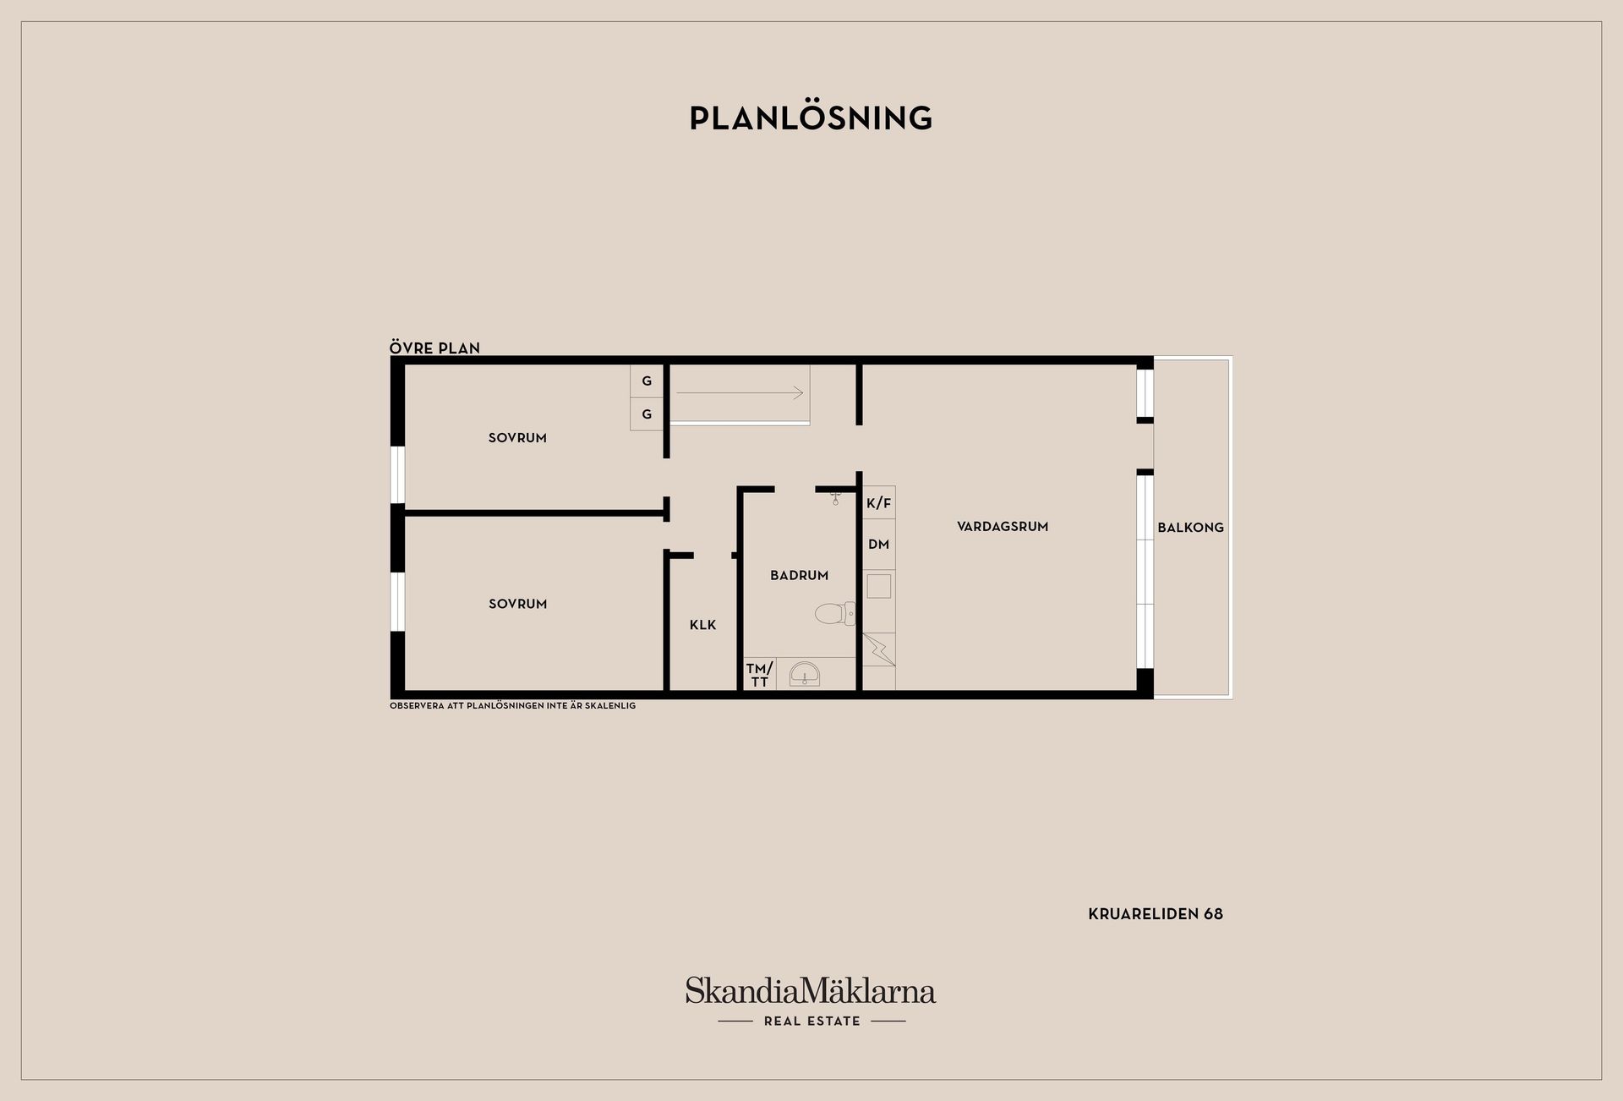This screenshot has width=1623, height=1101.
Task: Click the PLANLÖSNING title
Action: click(x=811, y=118)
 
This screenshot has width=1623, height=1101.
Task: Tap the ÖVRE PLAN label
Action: click(x=434, y=348)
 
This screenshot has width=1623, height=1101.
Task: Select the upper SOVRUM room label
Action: click(x=517, y=438)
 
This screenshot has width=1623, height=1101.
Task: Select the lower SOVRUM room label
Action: click(x=517, y=604)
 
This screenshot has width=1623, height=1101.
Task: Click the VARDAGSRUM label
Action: click(x=1003, y=526)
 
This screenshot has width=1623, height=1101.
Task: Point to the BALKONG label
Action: click(x=1190, y=527)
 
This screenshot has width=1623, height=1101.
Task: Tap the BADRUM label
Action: click(x=799, y=575)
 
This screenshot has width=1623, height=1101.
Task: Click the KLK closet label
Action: click(x=702, y=625)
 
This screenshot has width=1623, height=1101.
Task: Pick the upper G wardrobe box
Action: click(x=647, y=381)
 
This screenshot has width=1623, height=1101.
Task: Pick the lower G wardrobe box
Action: click(x=647, y=414)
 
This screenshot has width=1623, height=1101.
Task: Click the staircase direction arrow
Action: click(x=740, y=392)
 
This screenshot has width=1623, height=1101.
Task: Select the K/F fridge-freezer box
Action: click(x=879, y=503)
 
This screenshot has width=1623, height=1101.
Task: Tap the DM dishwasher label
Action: click(x=879, y=544)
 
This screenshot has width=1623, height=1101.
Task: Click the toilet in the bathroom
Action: click(x=835, y=613)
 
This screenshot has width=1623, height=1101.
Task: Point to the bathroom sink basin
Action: click(x=804, y=675)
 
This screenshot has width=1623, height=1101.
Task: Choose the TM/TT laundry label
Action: click(x=759, y=675)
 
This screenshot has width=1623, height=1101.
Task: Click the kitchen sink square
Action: click(x=879, y=586)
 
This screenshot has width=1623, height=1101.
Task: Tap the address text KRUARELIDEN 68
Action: click(x=1156, y=914)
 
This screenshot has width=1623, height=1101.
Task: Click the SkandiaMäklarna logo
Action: click(x=811, y=1001)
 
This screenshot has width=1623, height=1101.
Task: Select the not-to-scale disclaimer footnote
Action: click(x=512, y=705)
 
